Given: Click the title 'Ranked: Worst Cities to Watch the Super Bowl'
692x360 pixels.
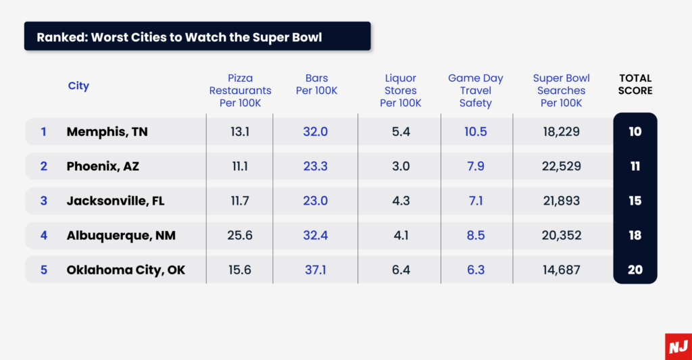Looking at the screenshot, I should (179, 36).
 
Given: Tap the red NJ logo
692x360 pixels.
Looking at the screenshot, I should (678, 346).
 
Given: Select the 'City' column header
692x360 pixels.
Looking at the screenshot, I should (78, 86).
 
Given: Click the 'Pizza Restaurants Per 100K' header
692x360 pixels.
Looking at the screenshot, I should (240, 91).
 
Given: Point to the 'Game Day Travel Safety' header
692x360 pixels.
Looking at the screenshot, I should (476, 91).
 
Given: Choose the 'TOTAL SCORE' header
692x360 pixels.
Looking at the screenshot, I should (635, 84).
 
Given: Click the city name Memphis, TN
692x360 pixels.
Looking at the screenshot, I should (107, 132).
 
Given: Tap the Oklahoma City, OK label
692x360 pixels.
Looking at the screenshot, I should (126, 270).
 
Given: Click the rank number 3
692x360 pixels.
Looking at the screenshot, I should (44, 201).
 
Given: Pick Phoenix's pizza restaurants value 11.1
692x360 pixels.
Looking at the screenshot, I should (240, 166).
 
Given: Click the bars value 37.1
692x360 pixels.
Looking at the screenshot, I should (316, 270).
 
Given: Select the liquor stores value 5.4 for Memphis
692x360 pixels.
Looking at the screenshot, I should (401, 132).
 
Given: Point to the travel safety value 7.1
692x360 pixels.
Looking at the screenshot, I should (476, 201).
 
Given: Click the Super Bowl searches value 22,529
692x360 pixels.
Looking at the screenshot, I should (561, 166).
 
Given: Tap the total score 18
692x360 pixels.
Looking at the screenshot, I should (635, 235).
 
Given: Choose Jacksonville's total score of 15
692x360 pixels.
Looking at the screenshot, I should (635, 201).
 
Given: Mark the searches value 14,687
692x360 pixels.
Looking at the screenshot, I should (561, 270).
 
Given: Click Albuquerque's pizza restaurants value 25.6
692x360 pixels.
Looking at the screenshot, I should (240, 235).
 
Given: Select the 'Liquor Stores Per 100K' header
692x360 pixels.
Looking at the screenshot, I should (401, 91).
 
